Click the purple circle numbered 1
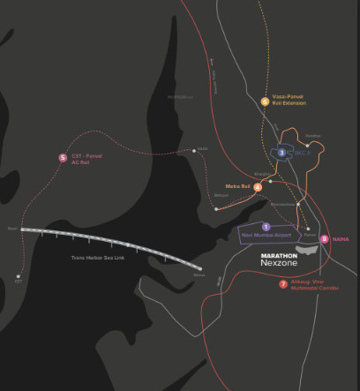266,227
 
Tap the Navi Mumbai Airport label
266,236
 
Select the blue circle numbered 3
281,153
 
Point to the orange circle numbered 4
258,187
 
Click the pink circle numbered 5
63,158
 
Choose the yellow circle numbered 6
265,101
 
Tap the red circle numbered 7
283,284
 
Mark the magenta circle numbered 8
325,239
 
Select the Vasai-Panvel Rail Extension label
289,102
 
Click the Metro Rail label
238,186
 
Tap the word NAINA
341,239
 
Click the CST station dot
19,276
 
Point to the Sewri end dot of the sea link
21,229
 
